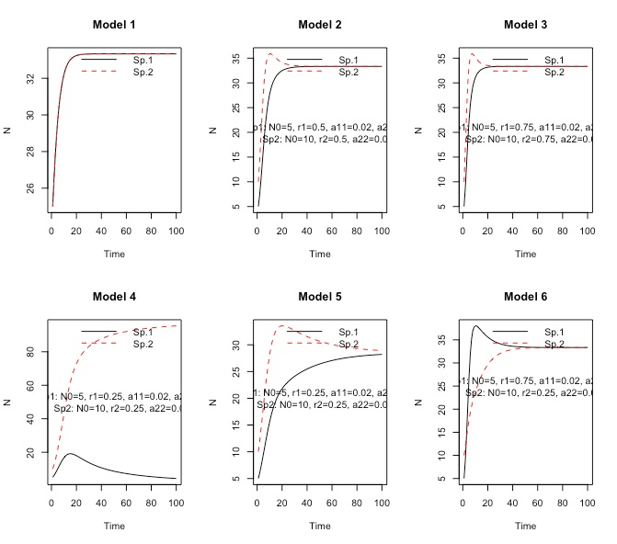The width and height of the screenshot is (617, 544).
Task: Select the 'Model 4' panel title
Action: (114, 297)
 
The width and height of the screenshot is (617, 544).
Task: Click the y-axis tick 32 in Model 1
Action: (31, 79)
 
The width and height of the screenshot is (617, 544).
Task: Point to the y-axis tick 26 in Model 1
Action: (31, 187)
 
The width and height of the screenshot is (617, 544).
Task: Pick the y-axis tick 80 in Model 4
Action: (31, 351)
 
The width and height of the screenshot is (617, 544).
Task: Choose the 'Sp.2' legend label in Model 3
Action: (554, 72)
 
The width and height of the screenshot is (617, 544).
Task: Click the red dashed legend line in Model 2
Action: (304, 72)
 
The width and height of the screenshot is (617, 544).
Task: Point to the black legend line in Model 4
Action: (98, 332)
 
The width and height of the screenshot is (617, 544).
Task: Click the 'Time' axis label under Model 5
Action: (319, 527)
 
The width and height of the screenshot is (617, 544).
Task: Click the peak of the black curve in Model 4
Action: (68, 453)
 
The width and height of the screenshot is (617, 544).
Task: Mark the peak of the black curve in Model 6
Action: (475, 326)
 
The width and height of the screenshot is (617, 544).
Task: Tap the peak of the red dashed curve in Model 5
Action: (282, 325)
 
